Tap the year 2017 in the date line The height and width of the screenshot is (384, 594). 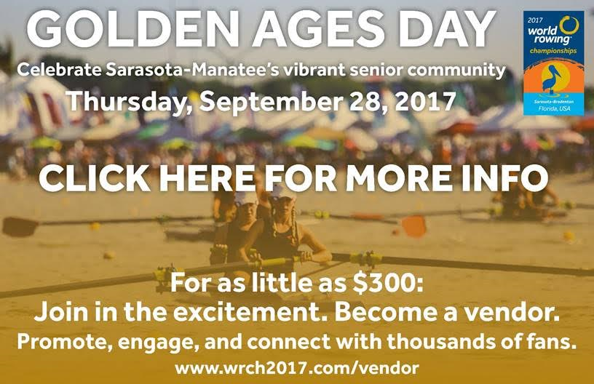tap(424, 102)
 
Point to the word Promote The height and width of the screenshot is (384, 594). tap(64, 342)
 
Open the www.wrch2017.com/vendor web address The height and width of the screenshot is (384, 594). tap(297, 368)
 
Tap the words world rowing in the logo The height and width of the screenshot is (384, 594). tap(544, 35)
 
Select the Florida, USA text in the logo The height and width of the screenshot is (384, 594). tap(554, 109)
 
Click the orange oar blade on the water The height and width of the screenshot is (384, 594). tap(413, 226)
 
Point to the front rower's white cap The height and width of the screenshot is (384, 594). tap(282, 192)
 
